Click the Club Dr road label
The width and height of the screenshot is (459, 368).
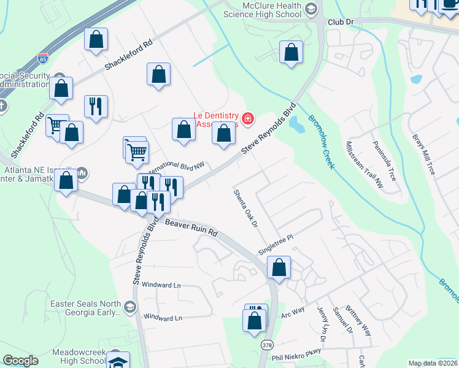coord(342,21)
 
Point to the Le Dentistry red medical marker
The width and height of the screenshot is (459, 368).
coord(248,118)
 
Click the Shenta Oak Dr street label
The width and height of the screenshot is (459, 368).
coord(244,208)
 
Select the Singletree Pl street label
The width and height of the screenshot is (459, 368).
coord(277,243)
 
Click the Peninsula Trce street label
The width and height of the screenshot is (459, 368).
coord(384,161)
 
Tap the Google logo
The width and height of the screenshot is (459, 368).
coord(20,361)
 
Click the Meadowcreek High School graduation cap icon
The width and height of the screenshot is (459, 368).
coord(118,361)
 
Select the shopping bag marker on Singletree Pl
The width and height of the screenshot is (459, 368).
coord(279,268)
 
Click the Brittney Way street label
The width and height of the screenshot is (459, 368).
coord(358,320)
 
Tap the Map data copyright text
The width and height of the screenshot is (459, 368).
coord(433,363)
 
